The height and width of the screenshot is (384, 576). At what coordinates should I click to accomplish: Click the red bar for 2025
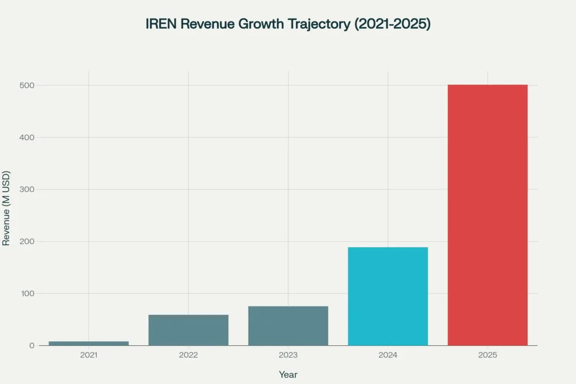point(488,215)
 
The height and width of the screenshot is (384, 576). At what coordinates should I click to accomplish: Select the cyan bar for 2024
point(388,296)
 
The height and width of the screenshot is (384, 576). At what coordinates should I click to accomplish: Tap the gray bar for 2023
point(288,326)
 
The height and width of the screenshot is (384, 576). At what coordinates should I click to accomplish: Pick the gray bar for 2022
point(188,330)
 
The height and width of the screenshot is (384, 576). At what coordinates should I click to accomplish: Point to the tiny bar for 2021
point(88,343)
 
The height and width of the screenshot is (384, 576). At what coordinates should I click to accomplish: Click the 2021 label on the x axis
point(88,356)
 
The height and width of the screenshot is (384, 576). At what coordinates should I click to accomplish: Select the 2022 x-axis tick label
point(188,356)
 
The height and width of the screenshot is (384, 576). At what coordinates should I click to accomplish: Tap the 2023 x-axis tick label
point(288,356)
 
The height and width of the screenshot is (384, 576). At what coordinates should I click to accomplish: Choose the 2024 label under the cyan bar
point(388,356)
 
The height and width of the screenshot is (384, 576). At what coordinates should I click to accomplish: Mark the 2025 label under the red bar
point(488,356)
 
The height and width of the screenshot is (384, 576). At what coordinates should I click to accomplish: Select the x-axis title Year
point(288,374)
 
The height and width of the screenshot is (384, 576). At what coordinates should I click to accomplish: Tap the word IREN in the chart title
point(161,24)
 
